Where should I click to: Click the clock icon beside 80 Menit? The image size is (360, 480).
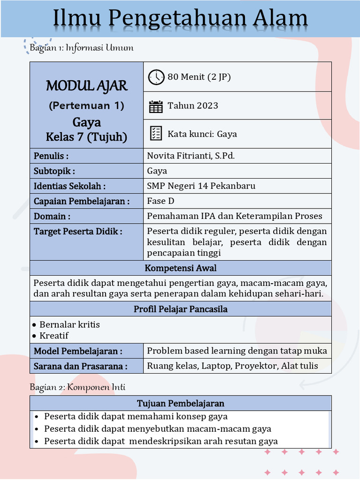pos(156,77)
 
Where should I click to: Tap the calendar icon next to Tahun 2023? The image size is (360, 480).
pos(156,106)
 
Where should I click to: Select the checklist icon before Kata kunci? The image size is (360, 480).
pos(156,134)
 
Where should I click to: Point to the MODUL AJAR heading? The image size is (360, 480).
pos(86,86)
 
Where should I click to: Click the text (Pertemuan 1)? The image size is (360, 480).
pos(86,105)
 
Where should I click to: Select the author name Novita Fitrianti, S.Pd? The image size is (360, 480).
pos(191,156)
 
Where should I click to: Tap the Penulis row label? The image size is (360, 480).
pos(51,156)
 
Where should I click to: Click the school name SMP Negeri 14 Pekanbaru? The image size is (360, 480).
pos(201,186)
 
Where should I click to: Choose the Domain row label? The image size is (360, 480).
pos(52,216)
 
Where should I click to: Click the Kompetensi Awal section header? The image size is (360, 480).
pos(180,268)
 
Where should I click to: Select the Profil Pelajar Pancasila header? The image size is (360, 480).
pos(180,309)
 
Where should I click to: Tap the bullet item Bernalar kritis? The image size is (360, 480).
pos(69,324)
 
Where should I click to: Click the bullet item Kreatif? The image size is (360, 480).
pos(54,336)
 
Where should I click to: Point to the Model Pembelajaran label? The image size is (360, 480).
pos(78,351)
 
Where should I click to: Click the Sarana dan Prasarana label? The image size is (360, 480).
pos(80,366)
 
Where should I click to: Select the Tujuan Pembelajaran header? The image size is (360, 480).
pos(180,403)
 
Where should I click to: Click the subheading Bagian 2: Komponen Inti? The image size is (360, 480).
pos(77,387)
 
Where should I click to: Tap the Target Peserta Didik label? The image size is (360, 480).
pos(78,231)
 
